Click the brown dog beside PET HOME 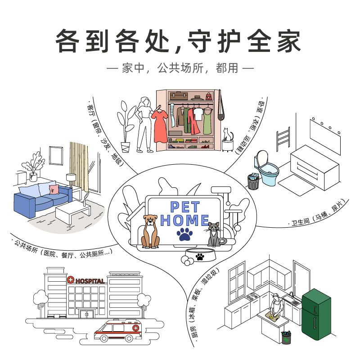[150, 232]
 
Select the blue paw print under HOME [184, 234]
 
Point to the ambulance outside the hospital [118, 331]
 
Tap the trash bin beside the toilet [254, 180]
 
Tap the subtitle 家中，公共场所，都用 [180, 68]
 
